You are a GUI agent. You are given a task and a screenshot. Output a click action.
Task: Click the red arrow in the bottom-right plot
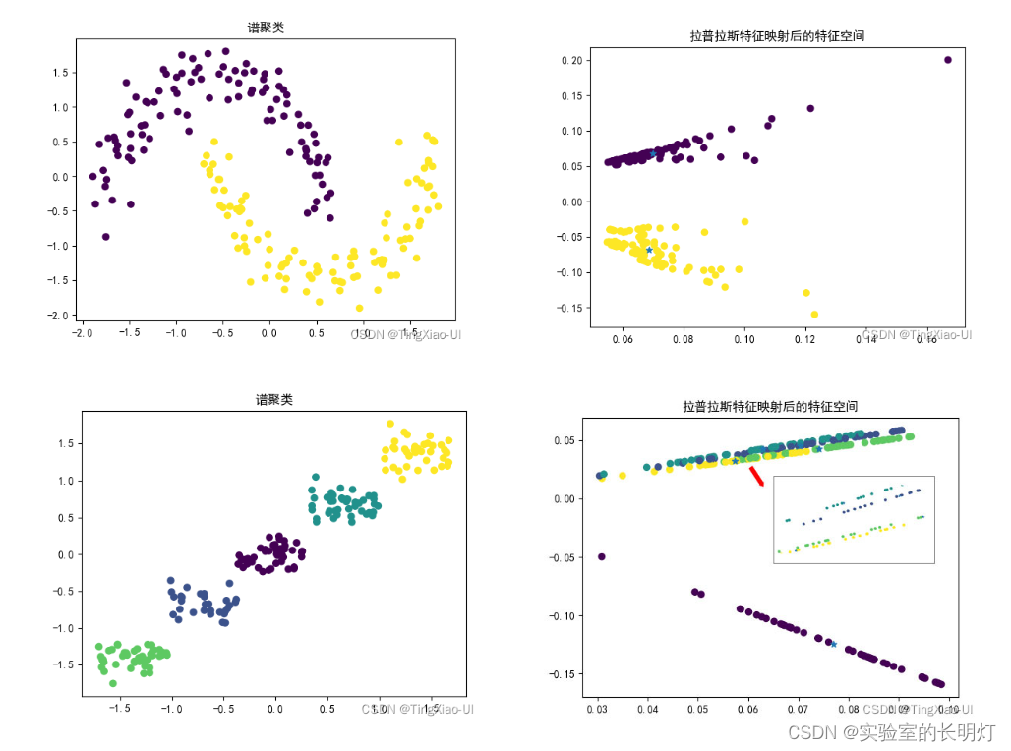click(756, 476)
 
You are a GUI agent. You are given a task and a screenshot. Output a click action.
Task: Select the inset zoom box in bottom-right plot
click(854, 520)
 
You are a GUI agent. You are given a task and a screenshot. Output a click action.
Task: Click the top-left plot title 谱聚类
click(266, 28)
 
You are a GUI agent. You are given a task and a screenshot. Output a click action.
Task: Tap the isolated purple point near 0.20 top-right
click(948, 60)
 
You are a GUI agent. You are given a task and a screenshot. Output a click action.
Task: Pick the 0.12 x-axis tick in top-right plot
click(805, 339)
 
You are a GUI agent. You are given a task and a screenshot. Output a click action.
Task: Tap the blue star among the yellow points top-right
click(649, 250)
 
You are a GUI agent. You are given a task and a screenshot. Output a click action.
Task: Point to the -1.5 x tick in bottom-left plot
click(120, 708)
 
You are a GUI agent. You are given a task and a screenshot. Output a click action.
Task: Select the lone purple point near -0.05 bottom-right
click(602, 557)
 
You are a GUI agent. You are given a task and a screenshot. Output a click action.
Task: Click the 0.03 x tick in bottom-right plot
click(597, 708)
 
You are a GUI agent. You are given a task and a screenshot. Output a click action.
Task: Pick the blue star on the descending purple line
click(833, 644)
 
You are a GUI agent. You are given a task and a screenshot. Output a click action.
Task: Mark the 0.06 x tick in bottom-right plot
click(748, 708)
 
